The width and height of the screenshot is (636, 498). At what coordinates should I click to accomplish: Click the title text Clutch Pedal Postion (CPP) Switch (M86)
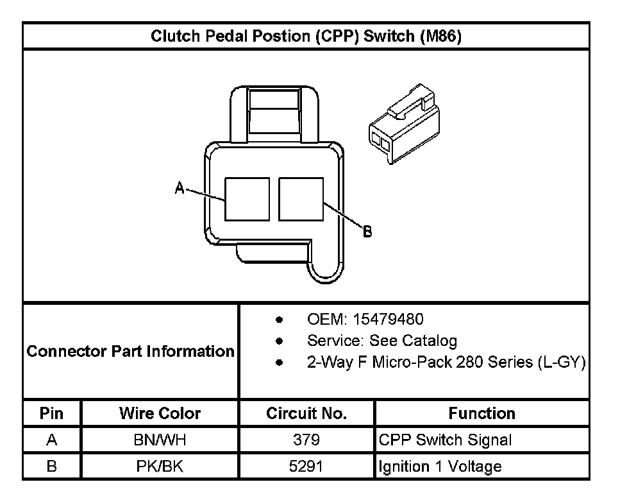pos(306,36)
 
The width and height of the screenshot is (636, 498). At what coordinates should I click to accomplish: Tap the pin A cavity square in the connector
pos(247,200)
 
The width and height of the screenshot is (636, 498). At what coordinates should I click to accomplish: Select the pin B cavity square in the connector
pos(301,200)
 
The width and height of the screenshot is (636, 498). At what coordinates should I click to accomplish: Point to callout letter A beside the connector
pos(180,187)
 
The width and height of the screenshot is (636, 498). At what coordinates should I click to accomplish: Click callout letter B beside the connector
pos(367,232)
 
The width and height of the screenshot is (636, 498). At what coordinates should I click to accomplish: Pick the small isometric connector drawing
pos(404,123)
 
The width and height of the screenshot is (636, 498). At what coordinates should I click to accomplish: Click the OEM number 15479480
pos(388,320)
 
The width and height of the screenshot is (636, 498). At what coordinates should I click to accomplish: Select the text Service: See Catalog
pos(382,341)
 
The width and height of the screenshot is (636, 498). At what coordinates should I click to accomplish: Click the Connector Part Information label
pos(131,351)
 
